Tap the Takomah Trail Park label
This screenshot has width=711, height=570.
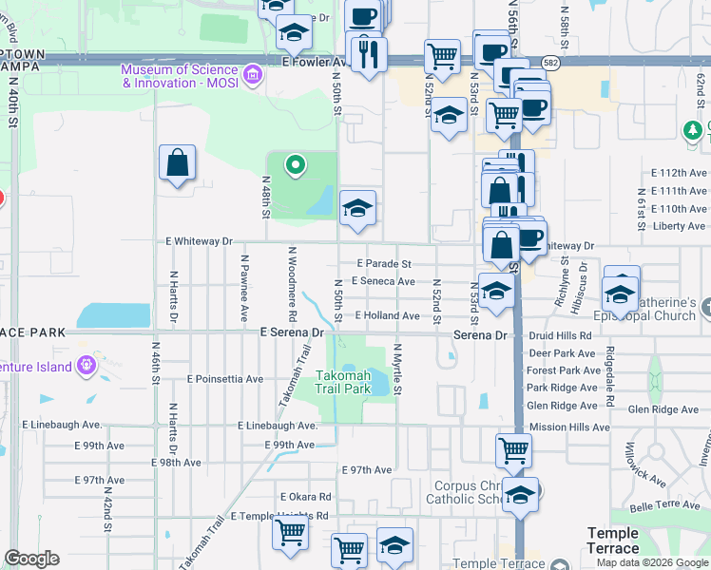[x=342, y=382]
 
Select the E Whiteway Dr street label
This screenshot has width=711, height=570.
[x=200, y=242]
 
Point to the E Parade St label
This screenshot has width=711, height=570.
[x=383, y=263]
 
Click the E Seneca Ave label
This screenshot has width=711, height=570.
[x=383, y=281]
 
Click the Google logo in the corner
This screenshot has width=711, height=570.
[x=31, y=559]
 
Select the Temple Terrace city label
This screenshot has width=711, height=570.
[x=613, y=541]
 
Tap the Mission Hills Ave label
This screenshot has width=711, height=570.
[x=568, y=427]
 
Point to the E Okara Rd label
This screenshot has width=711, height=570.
[x=305, y=497]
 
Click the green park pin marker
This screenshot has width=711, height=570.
[x=296, y=166]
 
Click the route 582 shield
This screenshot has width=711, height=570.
[x=551, y=61]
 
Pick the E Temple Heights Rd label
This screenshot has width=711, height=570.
[x=279, y=517]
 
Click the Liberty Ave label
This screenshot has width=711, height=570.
[x=681, y=226]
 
